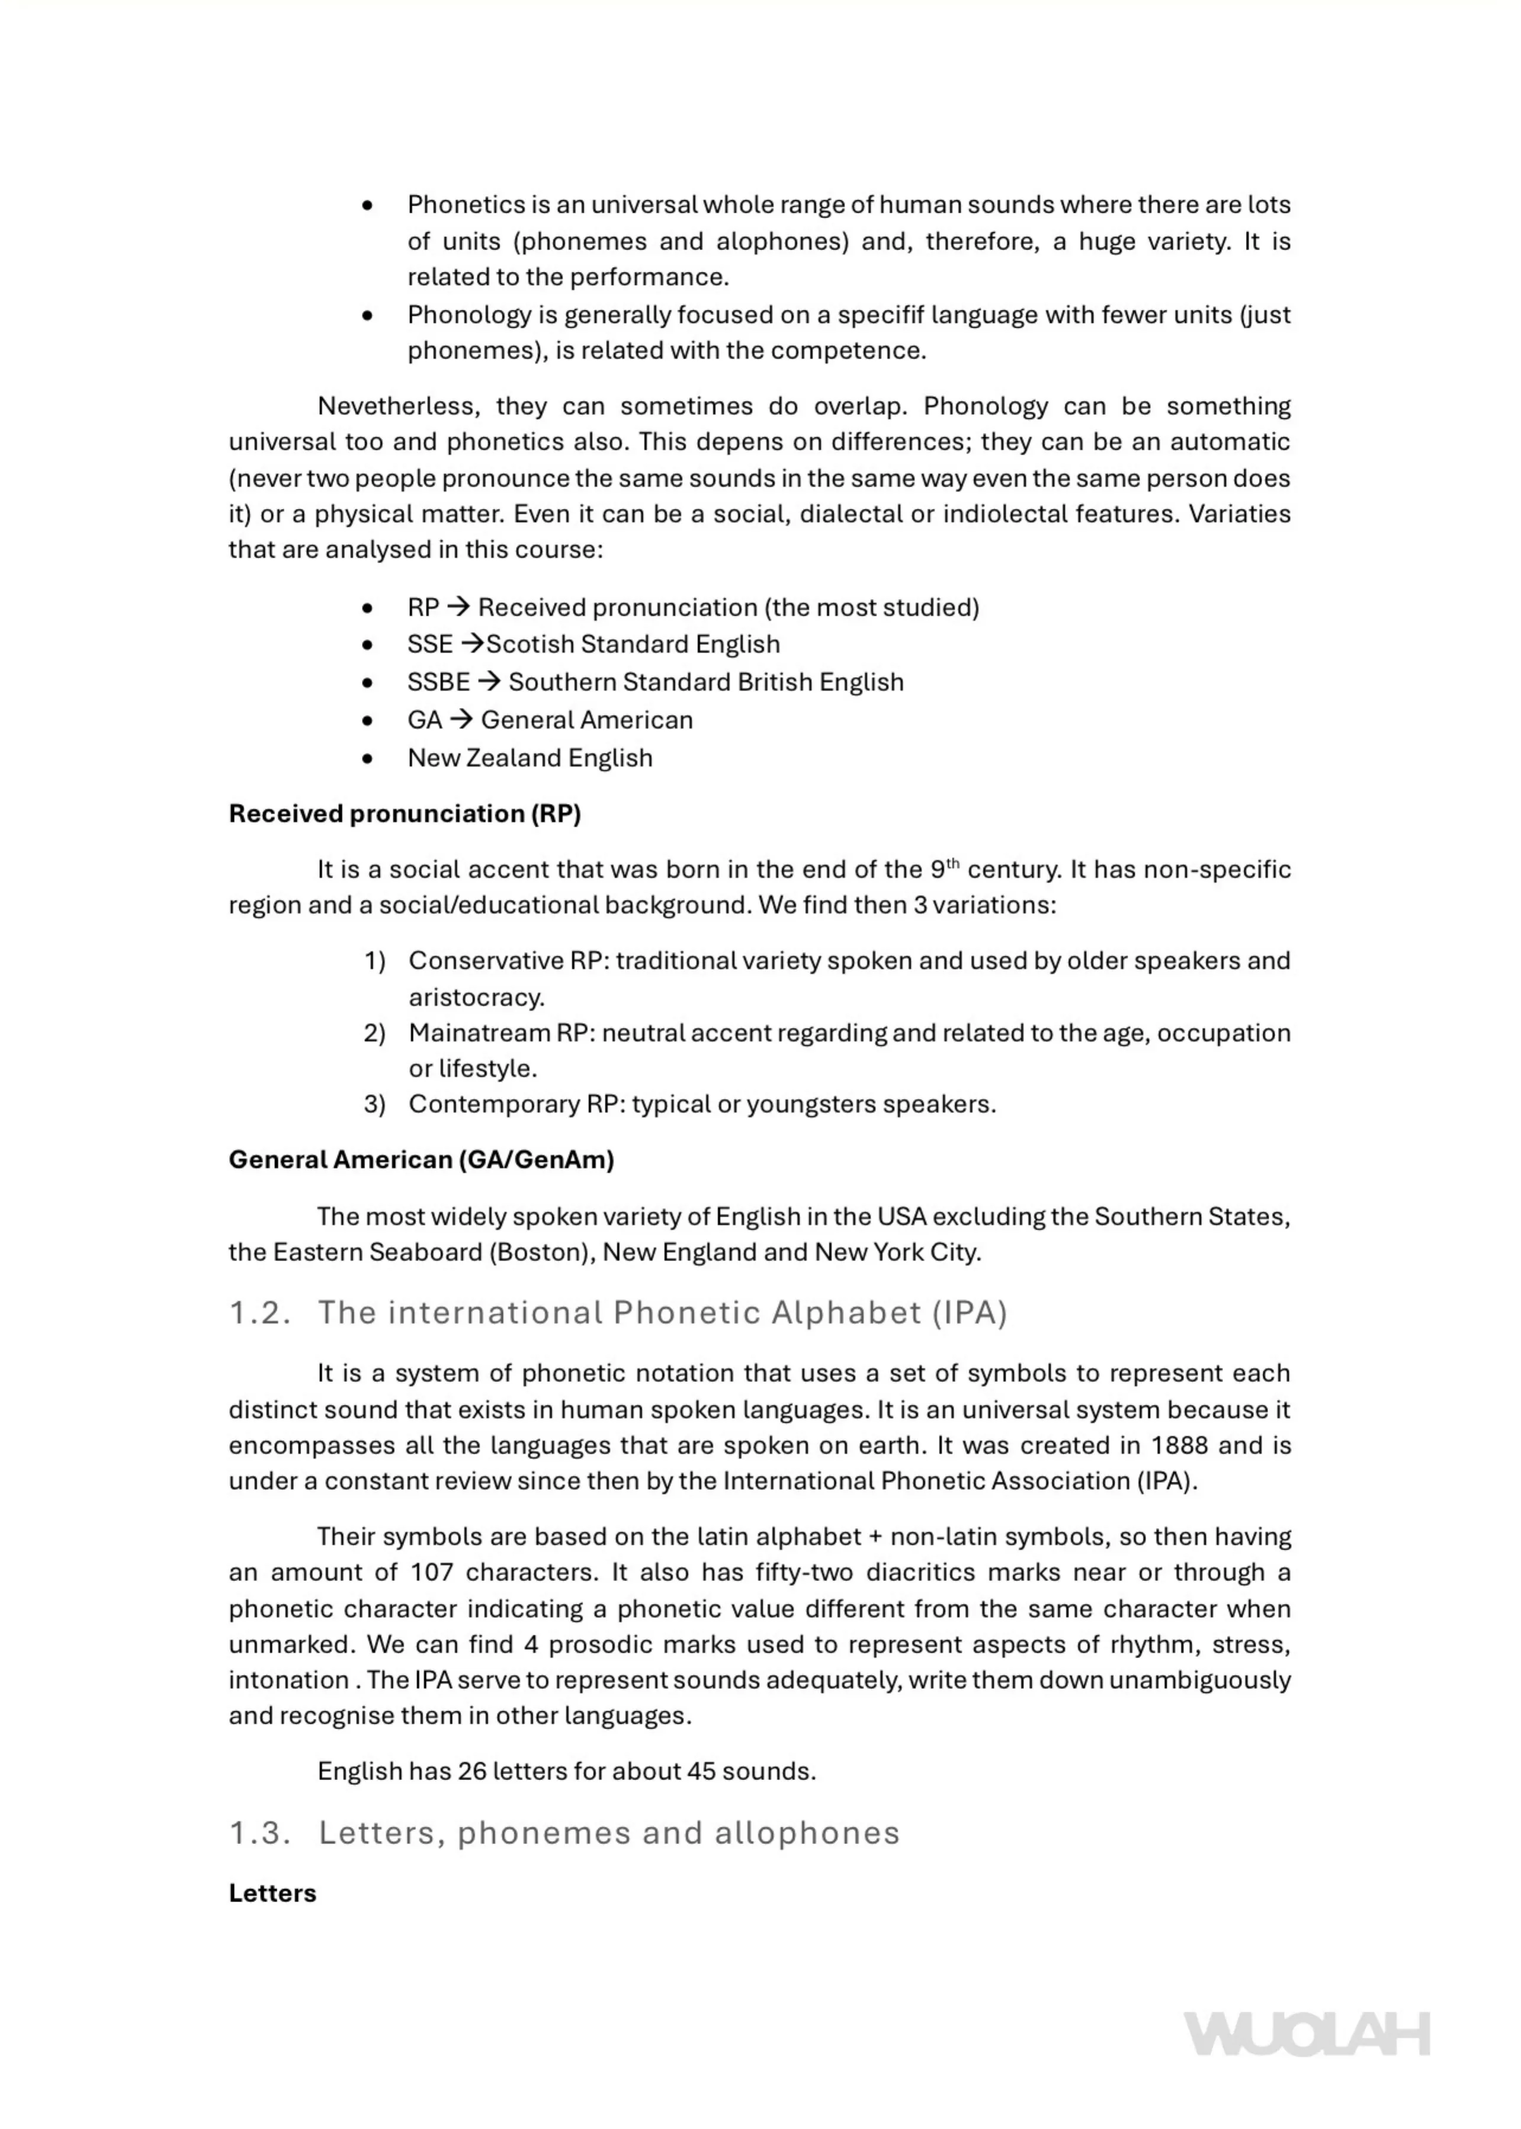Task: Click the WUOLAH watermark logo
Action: [x=1307, y=2034]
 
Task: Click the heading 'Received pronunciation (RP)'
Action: [x=405, y=813]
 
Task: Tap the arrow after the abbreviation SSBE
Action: [x=489, y=682]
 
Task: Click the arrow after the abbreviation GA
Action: [x=461, y=719]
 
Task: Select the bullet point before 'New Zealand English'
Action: [x=367, y=758]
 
